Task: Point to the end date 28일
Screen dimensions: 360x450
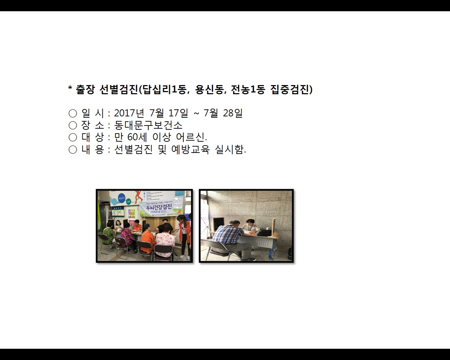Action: point(233,113)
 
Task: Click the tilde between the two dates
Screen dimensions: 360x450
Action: point(196,113)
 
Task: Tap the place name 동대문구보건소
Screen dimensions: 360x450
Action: point(148,125)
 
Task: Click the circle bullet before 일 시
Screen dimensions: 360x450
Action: point(73,113)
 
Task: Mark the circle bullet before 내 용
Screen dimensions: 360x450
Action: point(73,149)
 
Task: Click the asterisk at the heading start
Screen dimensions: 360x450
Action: point(70,89)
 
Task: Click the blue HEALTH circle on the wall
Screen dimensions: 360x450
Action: point(122,198)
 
